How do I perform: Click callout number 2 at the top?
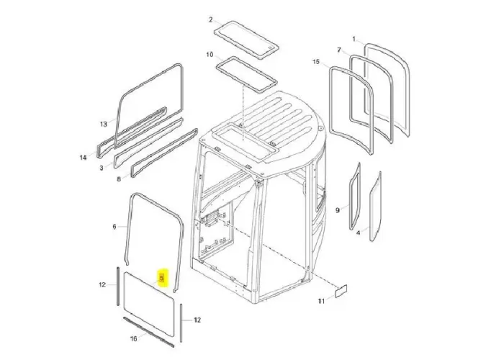[210, 19]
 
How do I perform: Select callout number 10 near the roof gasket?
[210, 55]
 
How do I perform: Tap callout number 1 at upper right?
[354, 37]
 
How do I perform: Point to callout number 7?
[338, 50]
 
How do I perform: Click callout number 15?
[315, 63]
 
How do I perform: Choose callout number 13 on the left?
[103, 124]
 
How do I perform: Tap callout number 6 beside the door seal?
[114, 227]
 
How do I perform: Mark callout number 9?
[337, 210]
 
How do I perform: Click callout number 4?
[359, 233]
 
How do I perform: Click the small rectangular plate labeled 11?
[341, 292]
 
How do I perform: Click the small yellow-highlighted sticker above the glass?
[163, 278]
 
